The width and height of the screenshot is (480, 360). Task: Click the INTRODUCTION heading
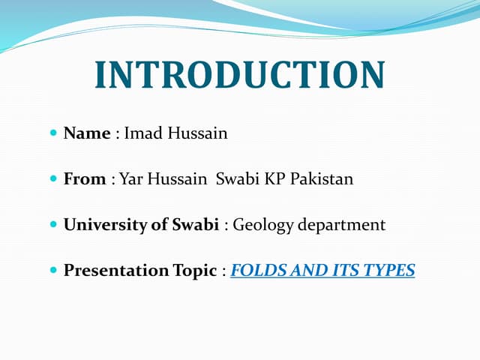240,75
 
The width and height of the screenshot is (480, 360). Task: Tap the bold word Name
86,133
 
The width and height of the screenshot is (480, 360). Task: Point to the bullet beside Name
52,133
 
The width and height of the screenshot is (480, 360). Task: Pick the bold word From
84,179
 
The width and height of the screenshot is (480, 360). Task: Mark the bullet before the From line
52,179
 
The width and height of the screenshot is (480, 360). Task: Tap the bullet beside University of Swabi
52,224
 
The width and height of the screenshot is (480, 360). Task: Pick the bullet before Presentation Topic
52,270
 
